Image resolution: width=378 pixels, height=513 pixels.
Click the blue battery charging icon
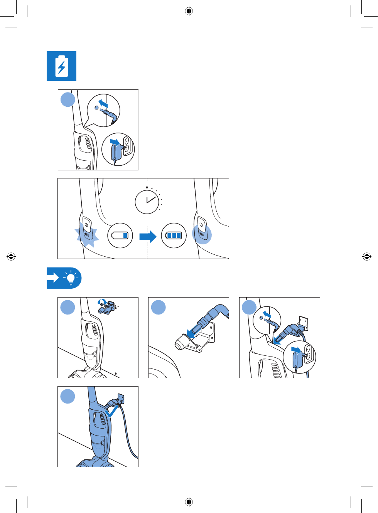(61, 66)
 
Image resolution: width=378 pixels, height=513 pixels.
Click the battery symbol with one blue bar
(120, 235)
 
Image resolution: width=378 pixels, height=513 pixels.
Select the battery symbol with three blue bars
(174, 235)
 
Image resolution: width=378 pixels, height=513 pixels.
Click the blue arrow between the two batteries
(148, 236)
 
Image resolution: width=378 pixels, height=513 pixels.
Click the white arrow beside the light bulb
(53, 278)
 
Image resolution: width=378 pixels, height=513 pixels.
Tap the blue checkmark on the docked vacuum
(111, 411)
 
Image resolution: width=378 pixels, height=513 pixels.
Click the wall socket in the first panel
(128, 145)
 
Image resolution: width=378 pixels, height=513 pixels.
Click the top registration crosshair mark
(189, 11)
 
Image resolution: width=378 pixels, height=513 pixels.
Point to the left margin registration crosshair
(11, 256)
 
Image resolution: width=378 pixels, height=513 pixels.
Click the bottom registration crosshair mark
(189, 501)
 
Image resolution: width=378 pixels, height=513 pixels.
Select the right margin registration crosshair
(366, 256)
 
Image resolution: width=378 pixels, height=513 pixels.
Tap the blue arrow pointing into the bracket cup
(191, 332)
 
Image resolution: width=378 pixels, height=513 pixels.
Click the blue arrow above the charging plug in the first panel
(103, 103)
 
